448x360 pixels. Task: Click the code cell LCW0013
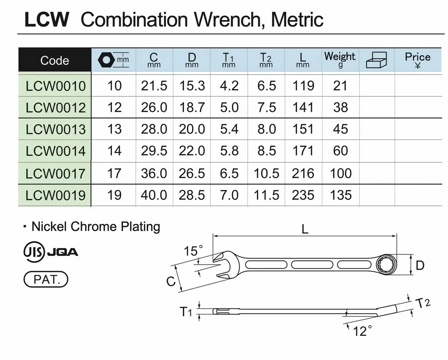[x=56, y=129]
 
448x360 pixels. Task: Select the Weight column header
[x=339, y=59]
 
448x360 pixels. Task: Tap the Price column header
[x=417, y=59]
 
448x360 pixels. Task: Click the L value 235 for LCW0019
[x=303, y=195]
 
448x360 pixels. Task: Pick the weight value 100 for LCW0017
[x=340, y=173]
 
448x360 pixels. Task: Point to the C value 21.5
[x=154, y=86]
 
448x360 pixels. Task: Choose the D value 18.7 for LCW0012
[x=192, y=108]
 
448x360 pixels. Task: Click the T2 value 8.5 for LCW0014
[x=266, y=151]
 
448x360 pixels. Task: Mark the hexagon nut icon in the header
[x=106, y=60]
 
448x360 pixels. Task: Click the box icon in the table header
[x=376, y=60]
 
